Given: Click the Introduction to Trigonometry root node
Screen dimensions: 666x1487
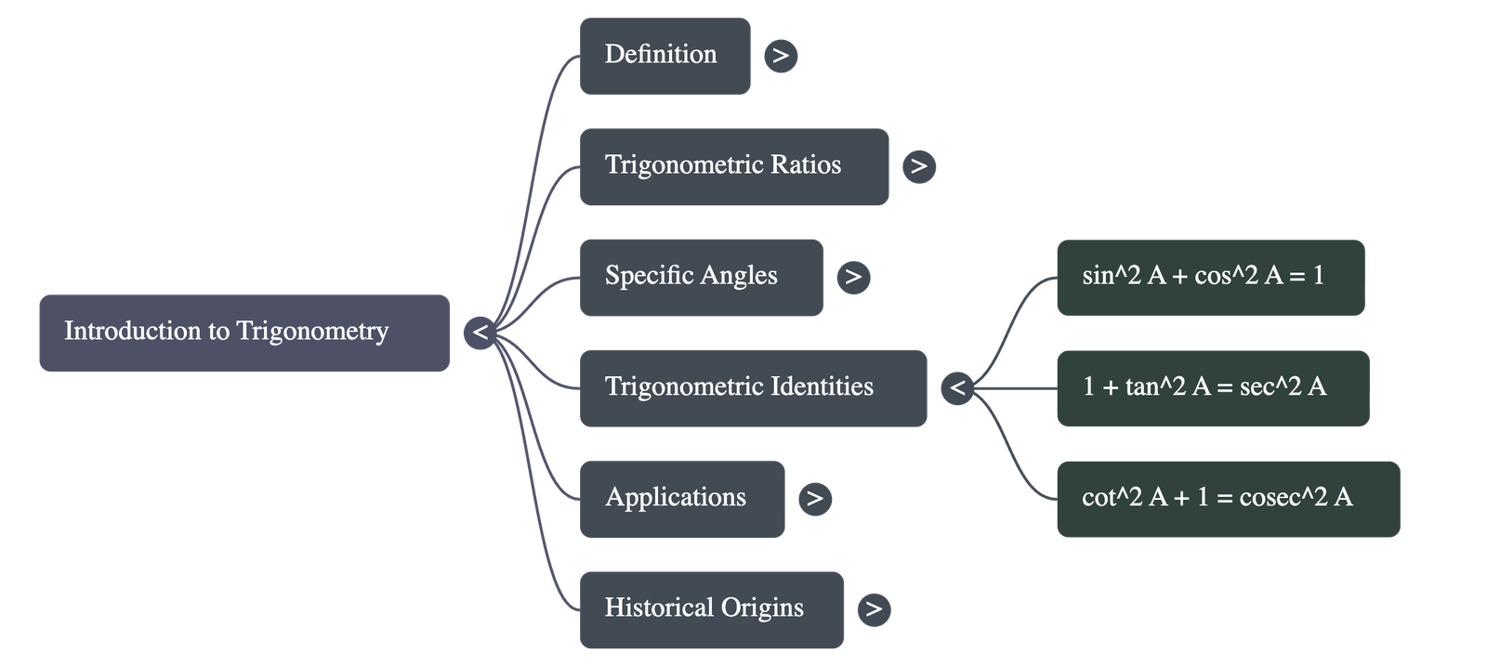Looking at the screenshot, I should tap(244, 333).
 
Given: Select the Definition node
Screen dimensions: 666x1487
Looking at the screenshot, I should tap(665, 56).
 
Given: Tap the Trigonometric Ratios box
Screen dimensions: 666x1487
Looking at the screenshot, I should tap(734, 166).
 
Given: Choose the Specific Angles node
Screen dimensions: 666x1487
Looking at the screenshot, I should tap(701, 277).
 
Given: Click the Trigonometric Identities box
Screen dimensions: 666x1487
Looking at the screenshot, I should tap(753, 387).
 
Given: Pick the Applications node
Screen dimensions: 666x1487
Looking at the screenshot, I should tap(682, 498).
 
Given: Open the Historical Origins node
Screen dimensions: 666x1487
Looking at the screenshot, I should tap(712, 608).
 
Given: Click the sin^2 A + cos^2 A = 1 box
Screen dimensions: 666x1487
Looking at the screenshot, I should tap(1210, 277).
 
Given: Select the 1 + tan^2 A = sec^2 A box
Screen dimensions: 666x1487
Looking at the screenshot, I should tap(1212, 387).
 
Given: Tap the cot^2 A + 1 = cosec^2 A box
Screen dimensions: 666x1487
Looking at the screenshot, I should tap(1227, 498).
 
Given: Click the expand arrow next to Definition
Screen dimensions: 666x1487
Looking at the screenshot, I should tap(781, 56).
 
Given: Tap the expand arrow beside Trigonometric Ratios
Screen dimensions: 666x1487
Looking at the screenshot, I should tap(919, 166).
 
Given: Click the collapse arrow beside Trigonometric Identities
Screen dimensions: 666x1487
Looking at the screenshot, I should tap(957, 387).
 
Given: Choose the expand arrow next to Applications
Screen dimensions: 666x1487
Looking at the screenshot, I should tap(815, 499).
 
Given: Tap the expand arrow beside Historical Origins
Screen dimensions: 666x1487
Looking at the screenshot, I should tap(874, 609).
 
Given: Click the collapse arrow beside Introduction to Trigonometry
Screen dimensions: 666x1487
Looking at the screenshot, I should tap(480, 332).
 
